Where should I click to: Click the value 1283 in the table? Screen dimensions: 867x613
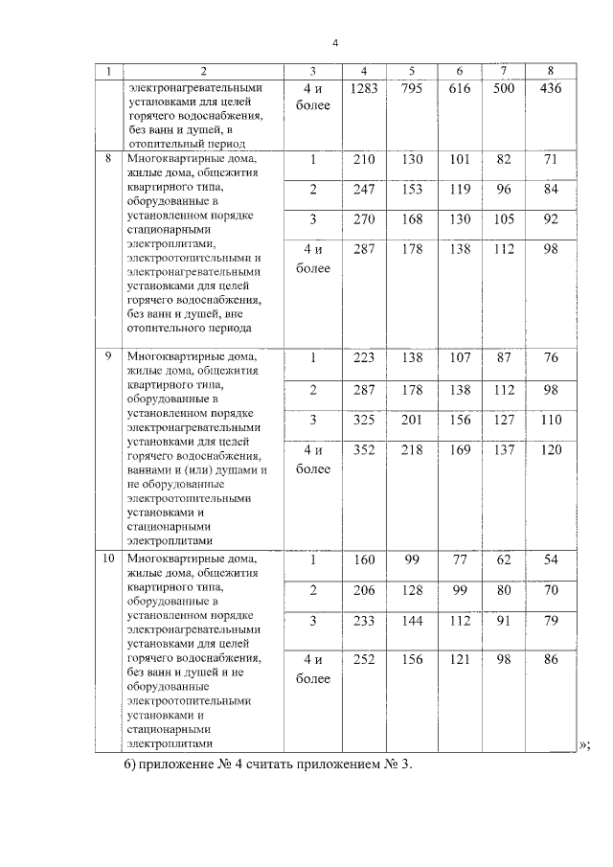(364, 89)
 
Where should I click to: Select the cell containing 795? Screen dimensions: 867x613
(411, 89)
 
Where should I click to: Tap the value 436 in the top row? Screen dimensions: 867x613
(550, 89)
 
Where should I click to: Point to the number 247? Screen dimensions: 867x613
(364, 190)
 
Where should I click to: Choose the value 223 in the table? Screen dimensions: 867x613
(364, 358)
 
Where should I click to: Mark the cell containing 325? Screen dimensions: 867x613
(364, 421)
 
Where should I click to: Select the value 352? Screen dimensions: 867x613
(364, 450)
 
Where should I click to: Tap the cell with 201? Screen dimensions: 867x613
(411, 421)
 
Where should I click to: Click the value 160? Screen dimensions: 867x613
(364, 560)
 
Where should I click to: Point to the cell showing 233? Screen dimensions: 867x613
(364, 622)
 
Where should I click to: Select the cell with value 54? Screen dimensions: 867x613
(550, 560)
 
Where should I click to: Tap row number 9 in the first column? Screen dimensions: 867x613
(108, 356)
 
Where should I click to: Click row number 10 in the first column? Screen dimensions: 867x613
(108, 559)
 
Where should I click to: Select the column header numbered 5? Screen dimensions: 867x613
(411, 71)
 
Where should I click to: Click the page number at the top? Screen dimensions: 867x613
(335, 43)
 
